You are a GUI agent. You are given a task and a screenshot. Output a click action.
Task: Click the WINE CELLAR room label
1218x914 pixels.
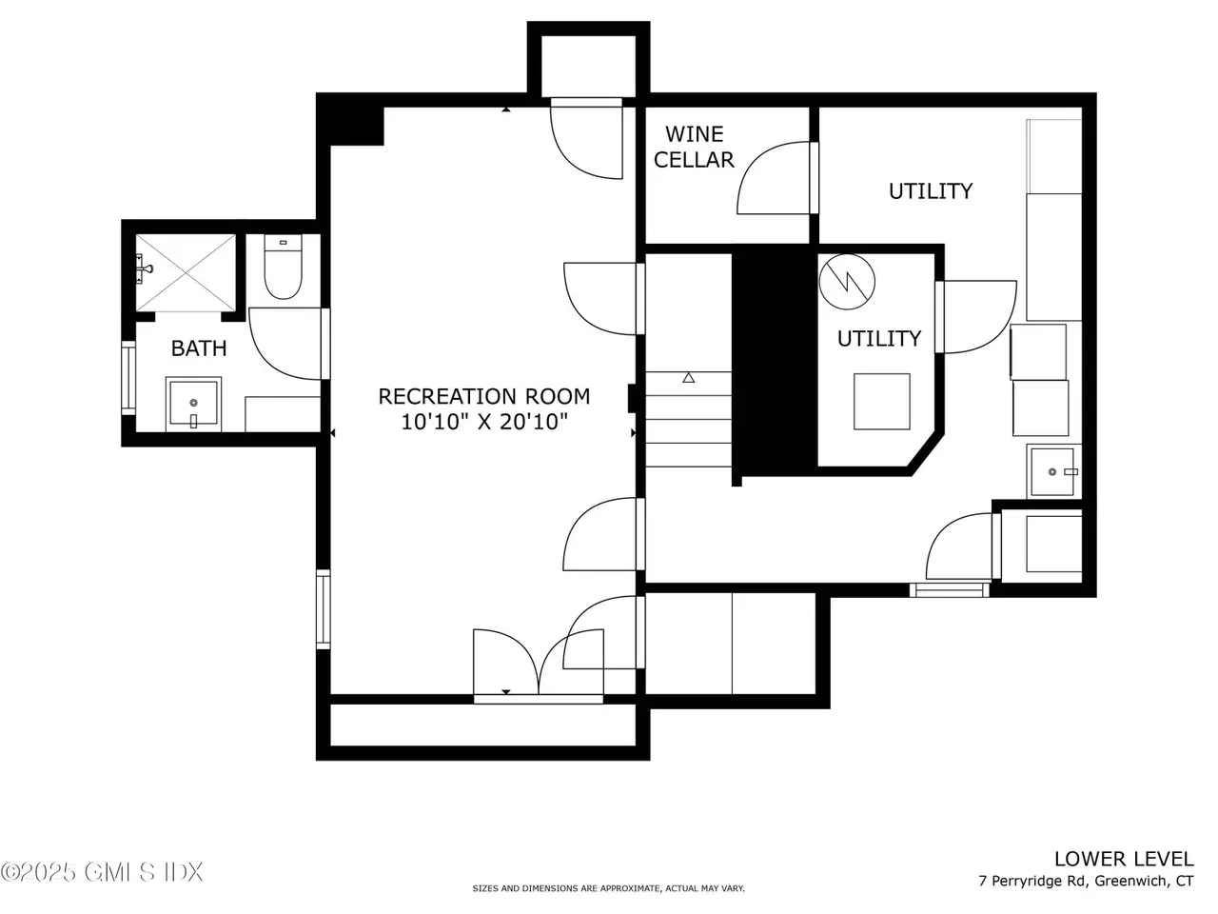pyautogui.click(x=694, y=147)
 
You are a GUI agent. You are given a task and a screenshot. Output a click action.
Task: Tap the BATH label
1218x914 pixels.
pyautogui.click(x=199, y=348)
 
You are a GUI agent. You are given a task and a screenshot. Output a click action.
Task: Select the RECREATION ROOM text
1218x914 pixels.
pyautogui.click(x=484, y=397)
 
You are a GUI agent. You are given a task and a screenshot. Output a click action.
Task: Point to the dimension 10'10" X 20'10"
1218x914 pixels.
pyautogui.click(x=484, y=422)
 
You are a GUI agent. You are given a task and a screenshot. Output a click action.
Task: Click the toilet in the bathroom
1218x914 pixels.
pyautogui.click(x=283, y=267)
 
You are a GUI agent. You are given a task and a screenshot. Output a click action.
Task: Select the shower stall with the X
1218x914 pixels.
pyautogui.click(x=186, y=272)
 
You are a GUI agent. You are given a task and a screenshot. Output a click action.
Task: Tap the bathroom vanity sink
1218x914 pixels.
pyautogui.click(x=194, y=404)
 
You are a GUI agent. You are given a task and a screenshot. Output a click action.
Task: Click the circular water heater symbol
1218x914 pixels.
pyautogui.click(x=847, y=282)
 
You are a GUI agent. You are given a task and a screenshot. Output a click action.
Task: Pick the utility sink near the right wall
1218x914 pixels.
pyautogui.click(x=1052, y=471)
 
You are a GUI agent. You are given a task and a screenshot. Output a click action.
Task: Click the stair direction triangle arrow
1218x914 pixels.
pyautogui.click(x=689, y=377)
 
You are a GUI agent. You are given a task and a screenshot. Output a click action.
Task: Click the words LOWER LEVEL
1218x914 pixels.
pyautogui.click(x=1124, y=859)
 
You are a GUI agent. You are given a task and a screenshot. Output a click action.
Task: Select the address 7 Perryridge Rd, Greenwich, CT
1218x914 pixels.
pyautogui.click(x=1086, y=881)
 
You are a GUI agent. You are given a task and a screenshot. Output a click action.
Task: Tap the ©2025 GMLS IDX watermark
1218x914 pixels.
pyautogui.click(x=102, y=872)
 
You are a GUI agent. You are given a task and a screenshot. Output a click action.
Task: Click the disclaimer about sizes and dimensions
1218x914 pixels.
pyautogui.click(x=608, y=888)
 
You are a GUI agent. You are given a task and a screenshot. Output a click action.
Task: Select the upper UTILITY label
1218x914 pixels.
pyautogui.click(x=931, y=191)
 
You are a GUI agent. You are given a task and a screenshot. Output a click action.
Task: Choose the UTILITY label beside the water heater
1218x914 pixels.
pyautogui.click(x=879, y=339)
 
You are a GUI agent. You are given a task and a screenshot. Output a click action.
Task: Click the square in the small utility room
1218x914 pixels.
pyautogui.click(x=882, y=401)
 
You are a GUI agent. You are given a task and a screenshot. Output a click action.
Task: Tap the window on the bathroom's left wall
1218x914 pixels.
pyautogui.click(x=128, y=378)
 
